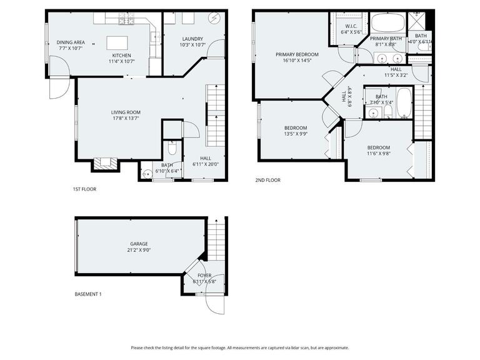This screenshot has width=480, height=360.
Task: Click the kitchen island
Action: tap(117, 42)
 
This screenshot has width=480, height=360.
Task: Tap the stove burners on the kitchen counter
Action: tap(127, 20)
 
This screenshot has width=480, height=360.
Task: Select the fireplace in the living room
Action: tap(104, 164)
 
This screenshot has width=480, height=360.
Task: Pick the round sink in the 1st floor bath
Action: tap(147, 174)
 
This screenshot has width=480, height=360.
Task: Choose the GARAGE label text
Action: tap(139, 244)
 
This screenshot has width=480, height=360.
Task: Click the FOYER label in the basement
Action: tap(204, 275)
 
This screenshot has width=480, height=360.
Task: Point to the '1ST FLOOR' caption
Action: tap(84, 189)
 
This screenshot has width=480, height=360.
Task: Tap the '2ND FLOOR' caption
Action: tap(267, 180)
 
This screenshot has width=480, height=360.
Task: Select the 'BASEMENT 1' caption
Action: tap(87, 294)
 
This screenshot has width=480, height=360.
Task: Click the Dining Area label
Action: tap(71, 42)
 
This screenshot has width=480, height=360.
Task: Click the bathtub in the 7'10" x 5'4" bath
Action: tap(404, 102)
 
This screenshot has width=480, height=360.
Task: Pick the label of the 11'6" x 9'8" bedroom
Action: tap(378, 147)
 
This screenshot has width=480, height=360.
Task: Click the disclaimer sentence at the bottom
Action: tap(240, 347)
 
